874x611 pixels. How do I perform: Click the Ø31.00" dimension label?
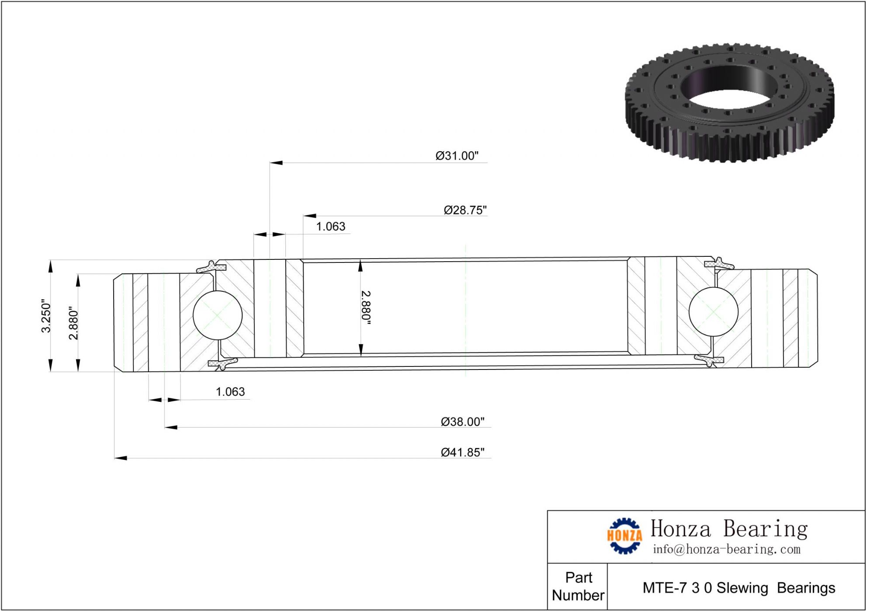(457, 156)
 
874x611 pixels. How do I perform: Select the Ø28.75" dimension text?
(465, 210)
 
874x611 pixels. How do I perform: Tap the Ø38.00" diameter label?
(462, 421)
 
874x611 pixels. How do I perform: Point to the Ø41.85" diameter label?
(462, 452)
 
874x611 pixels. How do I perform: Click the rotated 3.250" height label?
(46, 316)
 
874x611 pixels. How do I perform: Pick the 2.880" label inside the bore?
(366, 307)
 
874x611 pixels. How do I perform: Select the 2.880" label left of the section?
(73, 323)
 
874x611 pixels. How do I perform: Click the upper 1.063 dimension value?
(330, 226)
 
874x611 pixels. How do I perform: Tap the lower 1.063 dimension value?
(230, 391)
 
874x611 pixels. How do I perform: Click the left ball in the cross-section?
(217, 315)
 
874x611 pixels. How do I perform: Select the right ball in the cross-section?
(713, 312)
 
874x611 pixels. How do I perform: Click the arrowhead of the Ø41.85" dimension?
(121, 458)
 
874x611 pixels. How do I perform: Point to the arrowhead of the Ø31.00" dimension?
(276, 162)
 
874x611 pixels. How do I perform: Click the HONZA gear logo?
(624, 535)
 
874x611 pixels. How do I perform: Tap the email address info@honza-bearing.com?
(726, 549)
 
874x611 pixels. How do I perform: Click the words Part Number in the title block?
(578, 586)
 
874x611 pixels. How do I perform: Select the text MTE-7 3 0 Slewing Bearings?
(738, 588)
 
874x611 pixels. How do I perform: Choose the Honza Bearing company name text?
(728, 528)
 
